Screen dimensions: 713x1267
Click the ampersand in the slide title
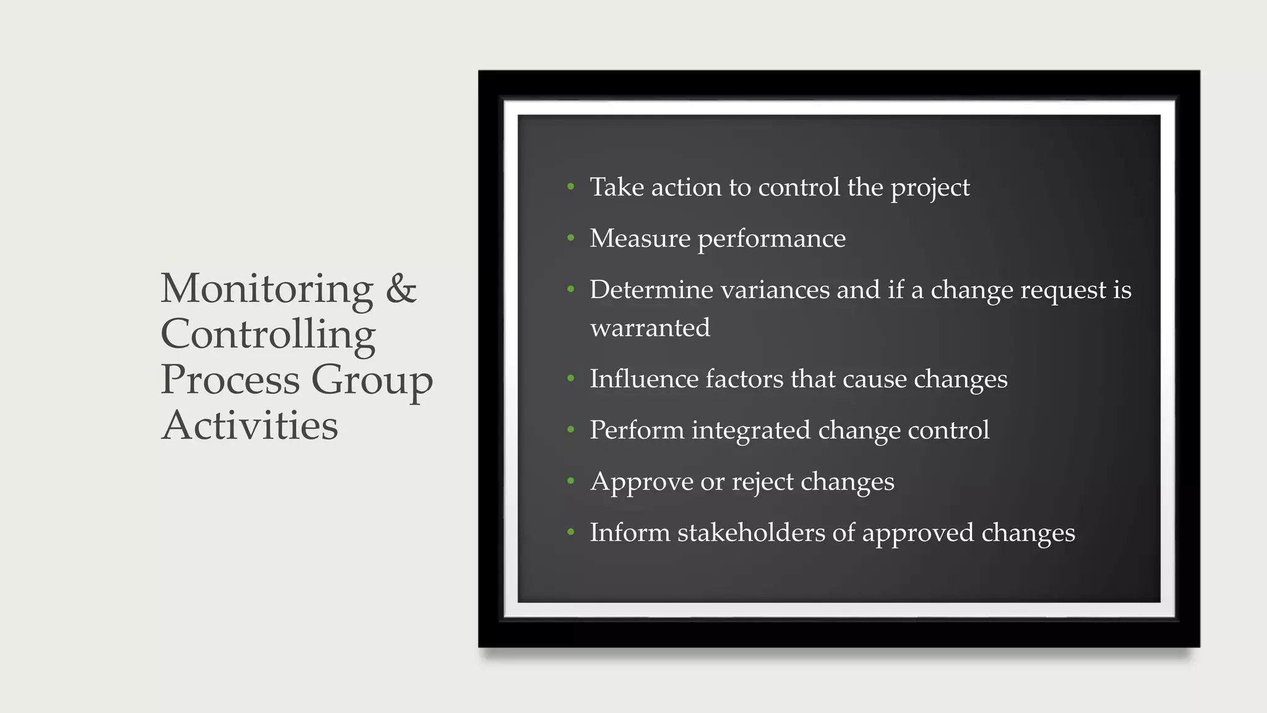[x=401, y=288]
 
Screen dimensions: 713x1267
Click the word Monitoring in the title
[x=267, y=288]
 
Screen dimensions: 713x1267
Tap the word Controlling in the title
[x=268, y=334]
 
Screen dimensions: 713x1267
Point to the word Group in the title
[x=371, y=380]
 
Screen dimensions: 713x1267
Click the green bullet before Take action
[x=570, y=186]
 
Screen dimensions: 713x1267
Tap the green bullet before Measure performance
[x=570, y=238]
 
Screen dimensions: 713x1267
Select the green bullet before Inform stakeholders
[x=570, y=532]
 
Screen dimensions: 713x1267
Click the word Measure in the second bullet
[x=640, y=238]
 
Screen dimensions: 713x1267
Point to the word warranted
[x=650, y=328]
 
